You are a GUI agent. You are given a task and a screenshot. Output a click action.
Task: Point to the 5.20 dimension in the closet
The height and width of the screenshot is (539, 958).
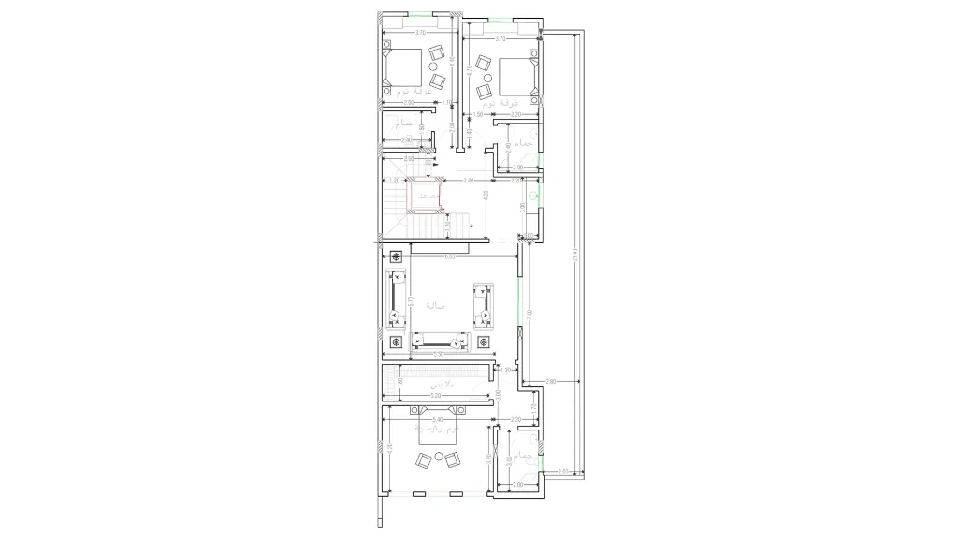coord(436,396)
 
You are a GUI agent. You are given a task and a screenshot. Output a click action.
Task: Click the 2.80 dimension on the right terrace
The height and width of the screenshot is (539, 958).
coord(551,382)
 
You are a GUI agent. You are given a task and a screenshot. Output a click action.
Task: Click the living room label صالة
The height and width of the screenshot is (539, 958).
coord(435,305)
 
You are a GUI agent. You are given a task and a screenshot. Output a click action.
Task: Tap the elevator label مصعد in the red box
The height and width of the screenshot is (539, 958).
coord(427,196)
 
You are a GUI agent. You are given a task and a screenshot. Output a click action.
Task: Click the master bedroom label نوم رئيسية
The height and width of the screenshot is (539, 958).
coord(440,430)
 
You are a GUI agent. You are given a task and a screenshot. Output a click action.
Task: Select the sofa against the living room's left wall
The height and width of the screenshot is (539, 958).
coord(397,299)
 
